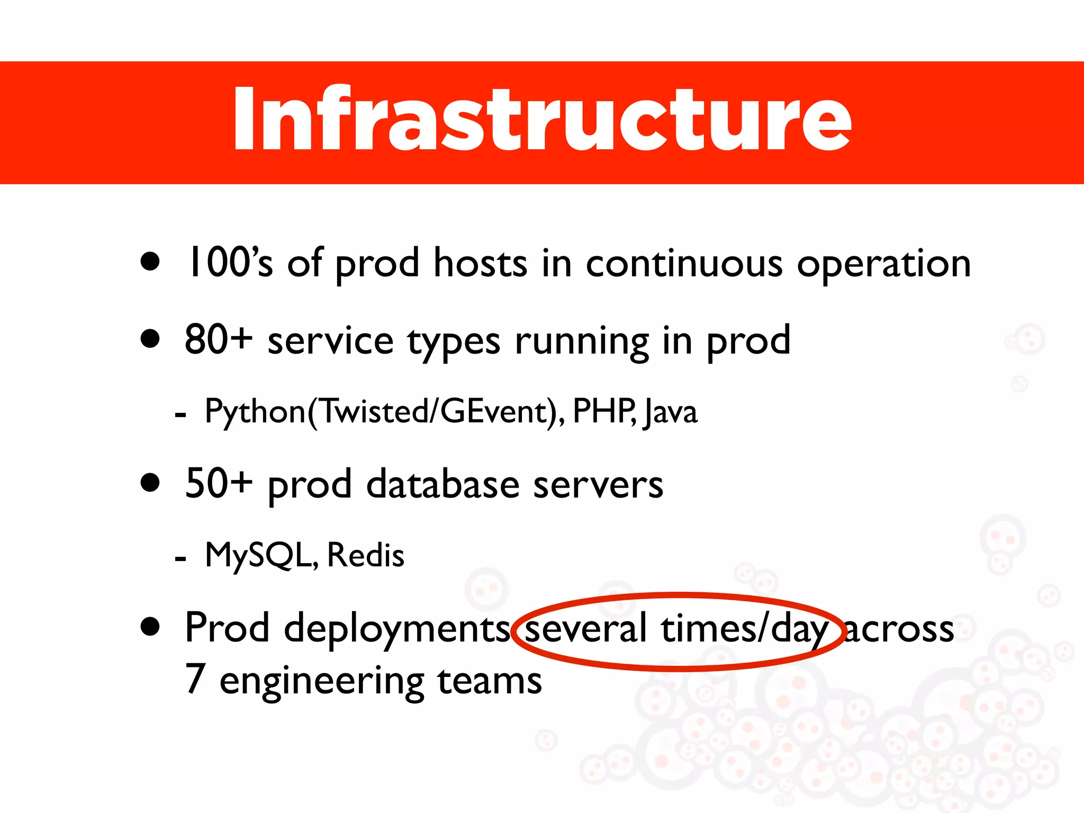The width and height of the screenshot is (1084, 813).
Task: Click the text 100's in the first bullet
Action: coord(230,263)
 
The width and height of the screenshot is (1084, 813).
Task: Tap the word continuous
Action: coord(683,264)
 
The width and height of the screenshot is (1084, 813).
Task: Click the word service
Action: coord(330,341)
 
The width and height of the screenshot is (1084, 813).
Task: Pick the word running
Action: coord(582,342)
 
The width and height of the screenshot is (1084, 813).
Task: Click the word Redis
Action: coord(366,556)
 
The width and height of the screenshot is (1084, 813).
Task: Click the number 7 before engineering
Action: coord(195,680)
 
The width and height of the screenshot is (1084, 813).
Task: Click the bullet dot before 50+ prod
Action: coord(150,483)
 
